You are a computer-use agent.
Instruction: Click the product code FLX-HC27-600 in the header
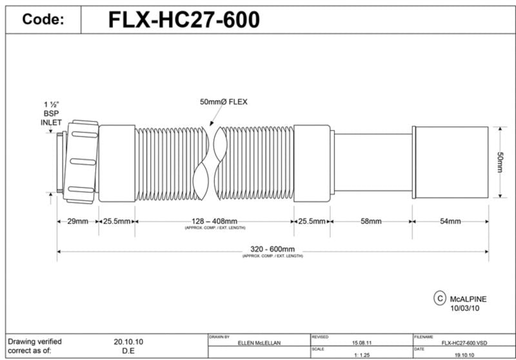pyautogui.click(x=184, y=20)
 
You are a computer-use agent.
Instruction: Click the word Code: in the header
pyautogui.click(x=43, y=20)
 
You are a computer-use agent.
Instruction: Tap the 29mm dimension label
pyautogui.click(x=77, y=221)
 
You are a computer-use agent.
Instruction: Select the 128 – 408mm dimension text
pyautogui.click(x=214, y=221)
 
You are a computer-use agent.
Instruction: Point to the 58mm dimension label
pyautogui.click(x=371, y=221)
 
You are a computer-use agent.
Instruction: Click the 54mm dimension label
pyautogui.click(x=450, y=221)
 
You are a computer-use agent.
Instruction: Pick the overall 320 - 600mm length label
pyautogui.click(x=272, y=250)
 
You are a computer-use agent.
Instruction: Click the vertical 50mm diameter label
pyautogui.click(x=500, y=162)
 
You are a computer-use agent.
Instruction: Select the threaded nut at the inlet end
pyautogui.click(x=81, y=161)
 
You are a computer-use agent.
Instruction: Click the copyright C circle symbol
pyautogui.click(x=440, y=298)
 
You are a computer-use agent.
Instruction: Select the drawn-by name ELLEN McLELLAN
pyautogui.click(x=259, y=342)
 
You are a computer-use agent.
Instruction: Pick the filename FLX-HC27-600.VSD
pyautogui.click(x=464, y=342)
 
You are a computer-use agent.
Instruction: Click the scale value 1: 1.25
pyautogui.click(x=361, y=354)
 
